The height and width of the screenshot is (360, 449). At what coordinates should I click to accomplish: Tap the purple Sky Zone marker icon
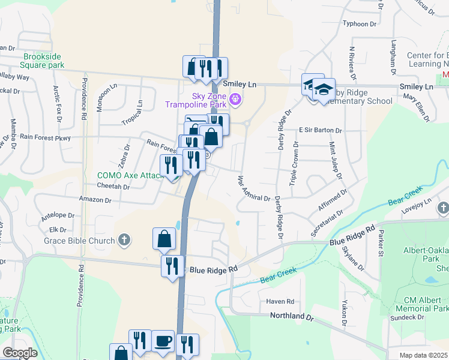pos(235,99)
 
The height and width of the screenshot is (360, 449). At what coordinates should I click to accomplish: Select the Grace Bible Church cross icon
pos(124,241)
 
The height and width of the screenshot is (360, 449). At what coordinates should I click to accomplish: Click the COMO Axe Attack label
pos(131,175)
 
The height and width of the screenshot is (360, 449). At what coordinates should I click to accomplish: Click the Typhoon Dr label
pos(358,24)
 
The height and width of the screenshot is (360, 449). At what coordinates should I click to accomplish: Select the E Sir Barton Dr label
pos(320,130)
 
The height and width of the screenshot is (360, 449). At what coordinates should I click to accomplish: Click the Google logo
pos(20,352)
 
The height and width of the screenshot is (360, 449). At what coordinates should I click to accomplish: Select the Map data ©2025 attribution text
pos(423,355)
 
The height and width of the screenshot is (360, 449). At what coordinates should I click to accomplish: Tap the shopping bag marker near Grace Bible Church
pos(164,239)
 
